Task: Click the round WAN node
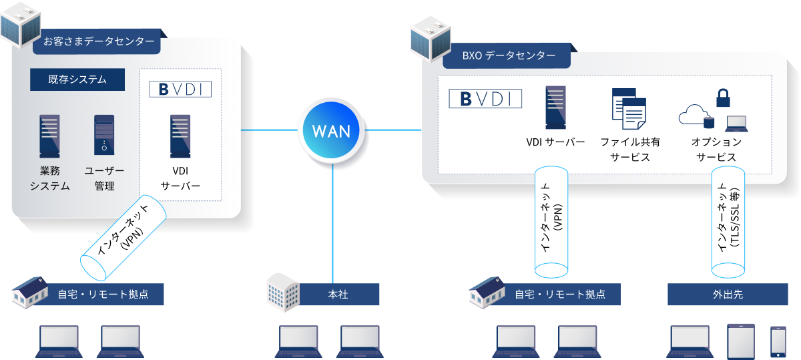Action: [x=332, y=130]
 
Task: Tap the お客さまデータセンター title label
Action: [x=98, y=41]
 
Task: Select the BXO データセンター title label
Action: [x=508, y=56]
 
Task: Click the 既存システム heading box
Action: [x=77, y=79]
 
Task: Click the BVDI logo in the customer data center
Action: [x=180, y=89]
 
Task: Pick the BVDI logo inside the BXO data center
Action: [x=485, y=99]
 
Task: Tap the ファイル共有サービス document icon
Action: [x=628, y=108]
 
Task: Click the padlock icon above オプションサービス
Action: [x=723, y=98]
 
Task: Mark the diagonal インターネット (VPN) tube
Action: [x=124, y=237]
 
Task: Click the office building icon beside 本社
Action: [x=282, y=291]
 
